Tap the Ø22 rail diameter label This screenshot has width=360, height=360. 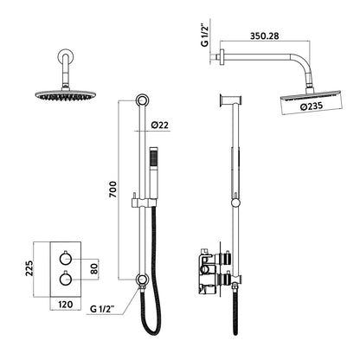160,126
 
